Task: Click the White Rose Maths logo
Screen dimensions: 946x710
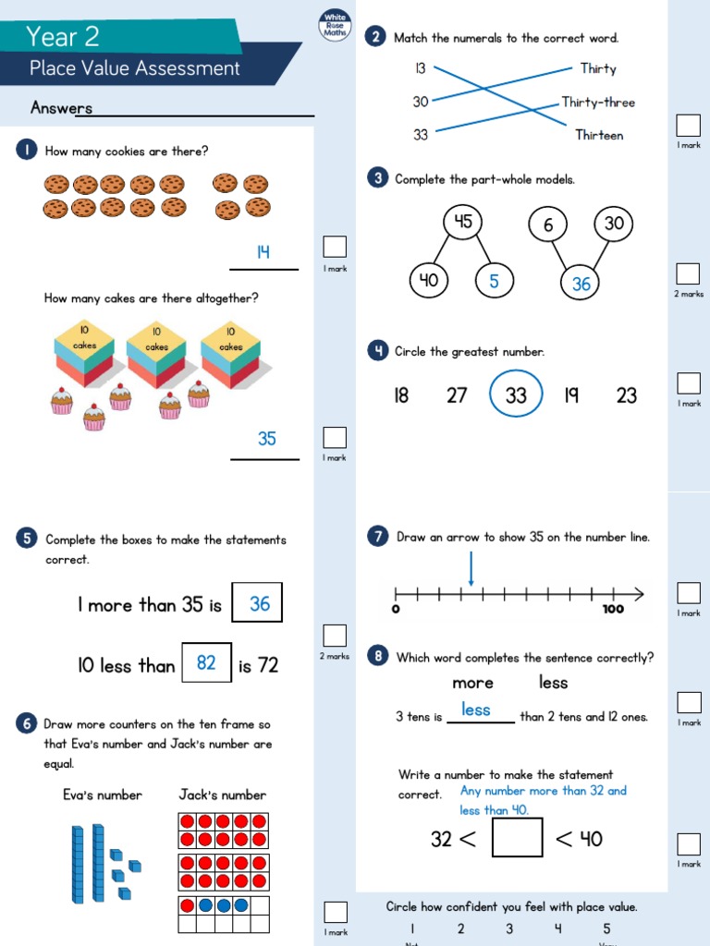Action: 334,25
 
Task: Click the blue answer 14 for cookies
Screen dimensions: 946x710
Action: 263,252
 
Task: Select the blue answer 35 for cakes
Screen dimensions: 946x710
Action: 266,439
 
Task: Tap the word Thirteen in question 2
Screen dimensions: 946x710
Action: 599,135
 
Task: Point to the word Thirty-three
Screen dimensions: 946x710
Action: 598,103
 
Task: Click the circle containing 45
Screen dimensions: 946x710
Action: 463,222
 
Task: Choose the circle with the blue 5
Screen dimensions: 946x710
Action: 494,281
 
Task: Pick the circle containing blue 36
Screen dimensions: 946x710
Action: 581,284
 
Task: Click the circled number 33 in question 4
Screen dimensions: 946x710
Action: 516,394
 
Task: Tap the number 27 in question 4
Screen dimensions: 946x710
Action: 457,395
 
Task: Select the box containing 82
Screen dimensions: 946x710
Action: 206,662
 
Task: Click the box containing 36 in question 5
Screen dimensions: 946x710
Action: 257,603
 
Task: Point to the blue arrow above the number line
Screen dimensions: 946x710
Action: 471,569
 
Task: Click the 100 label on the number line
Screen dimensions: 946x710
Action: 613,610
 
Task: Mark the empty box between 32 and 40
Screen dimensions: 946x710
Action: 517,838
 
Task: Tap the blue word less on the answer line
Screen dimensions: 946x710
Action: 476,709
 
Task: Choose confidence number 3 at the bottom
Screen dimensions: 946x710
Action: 508,928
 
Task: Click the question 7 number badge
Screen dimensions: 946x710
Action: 377,537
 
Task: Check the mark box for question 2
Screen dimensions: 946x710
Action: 688,125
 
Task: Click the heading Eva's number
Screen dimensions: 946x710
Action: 103,794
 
